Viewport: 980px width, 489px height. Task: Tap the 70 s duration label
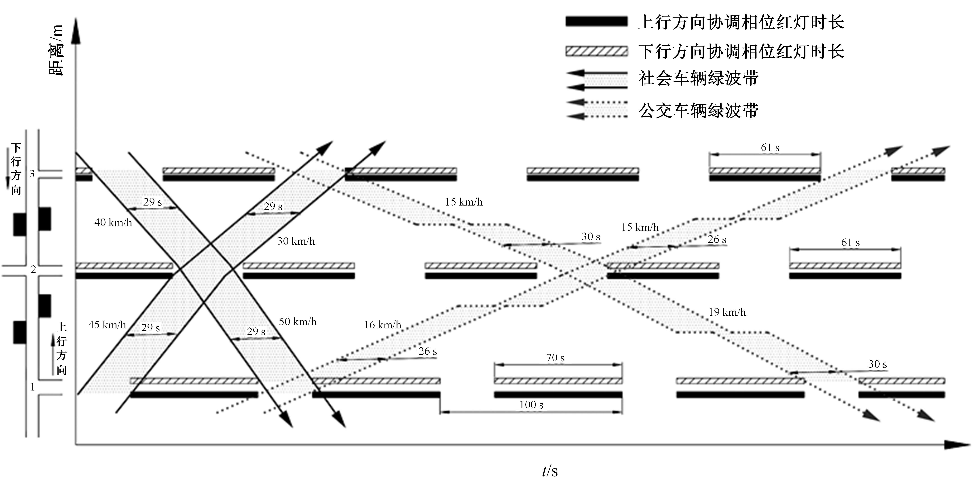coord(555,358)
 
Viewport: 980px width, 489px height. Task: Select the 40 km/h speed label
coord(113,222)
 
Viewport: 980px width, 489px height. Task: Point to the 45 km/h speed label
coord(107,325)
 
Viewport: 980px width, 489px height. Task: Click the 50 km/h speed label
coord(298,322)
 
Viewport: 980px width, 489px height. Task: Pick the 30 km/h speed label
coord(296,241)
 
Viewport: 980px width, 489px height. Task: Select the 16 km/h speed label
coord(382,325)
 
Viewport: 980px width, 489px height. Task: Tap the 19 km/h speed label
coord(727,312)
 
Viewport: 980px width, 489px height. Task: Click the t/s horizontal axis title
coord(550,472)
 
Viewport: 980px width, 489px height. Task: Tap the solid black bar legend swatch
coord(597,21)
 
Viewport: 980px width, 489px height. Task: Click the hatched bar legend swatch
coord(597,51)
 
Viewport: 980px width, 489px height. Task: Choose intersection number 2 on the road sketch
coord(33,270)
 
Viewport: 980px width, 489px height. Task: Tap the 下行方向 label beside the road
coord(16,169)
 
